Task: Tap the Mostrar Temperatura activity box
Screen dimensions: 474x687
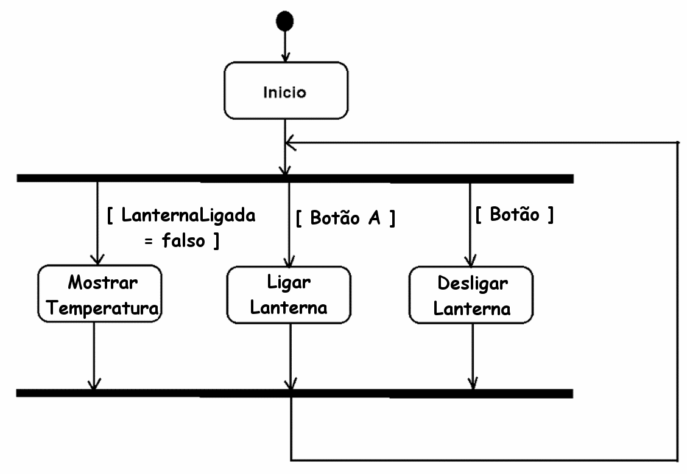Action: tap(100, 295)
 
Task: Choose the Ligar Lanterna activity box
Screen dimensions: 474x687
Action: tap(289, 295)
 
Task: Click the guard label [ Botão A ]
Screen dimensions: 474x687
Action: tap(345, 218)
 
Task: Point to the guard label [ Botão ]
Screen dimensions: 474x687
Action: tap(514, 215)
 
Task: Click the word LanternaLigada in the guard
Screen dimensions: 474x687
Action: tap(188, 215)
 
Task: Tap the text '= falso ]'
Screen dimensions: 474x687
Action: tap(181, 241)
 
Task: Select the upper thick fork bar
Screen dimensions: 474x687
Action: tap(295, 178)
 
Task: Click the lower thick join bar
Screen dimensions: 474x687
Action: tap(295, 393)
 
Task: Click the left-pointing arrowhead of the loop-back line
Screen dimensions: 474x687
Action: tap(291, 143)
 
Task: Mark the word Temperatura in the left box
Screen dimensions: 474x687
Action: tap(103, 308)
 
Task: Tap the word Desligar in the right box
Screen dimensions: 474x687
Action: tap(472, 284)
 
